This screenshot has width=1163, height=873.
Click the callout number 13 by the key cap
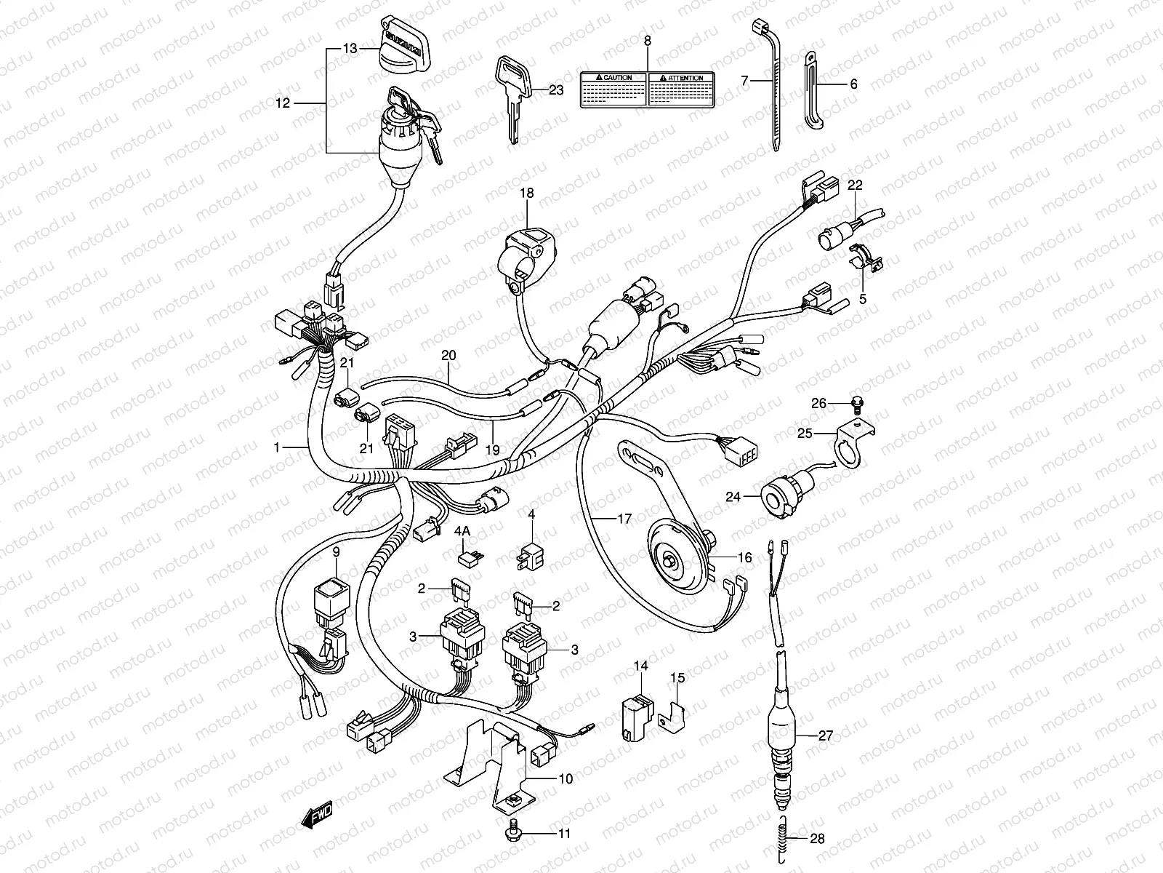350,49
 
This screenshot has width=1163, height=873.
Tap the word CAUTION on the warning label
617,77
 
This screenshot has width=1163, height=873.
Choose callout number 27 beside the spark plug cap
826,735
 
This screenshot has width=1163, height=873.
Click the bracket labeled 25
855,436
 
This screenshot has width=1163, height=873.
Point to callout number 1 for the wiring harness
277,449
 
